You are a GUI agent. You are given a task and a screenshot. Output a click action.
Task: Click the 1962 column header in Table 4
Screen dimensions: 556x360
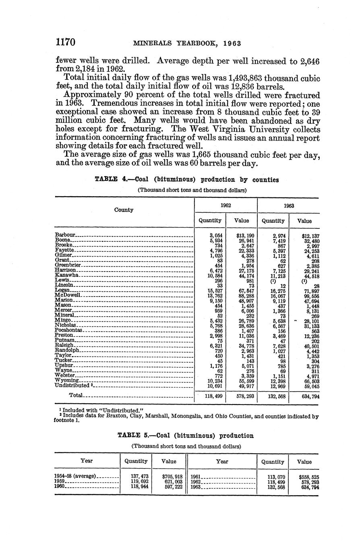[226, 205]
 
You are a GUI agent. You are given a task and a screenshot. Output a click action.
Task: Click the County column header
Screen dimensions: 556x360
[124, 210]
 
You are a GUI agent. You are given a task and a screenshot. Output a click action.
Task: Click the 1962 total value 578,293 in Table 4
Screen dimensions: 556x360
[244, 396]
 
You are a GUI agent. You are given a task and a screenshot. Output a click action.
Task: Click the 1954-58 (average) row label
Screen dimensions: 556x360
[75, 476]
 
